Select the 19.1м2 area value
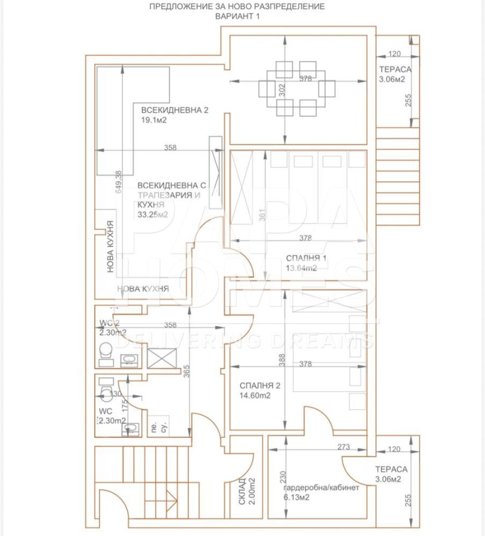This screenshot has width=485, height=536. (154, 121)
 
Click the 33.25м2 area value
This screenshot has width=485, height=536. (153, 214)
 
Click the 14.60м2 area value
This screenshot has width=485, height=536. (255, 395)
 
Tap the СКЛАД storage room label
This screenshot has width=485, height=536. (241, 491)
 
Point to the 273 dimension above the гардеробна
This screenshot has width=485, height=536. (344, 448)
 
